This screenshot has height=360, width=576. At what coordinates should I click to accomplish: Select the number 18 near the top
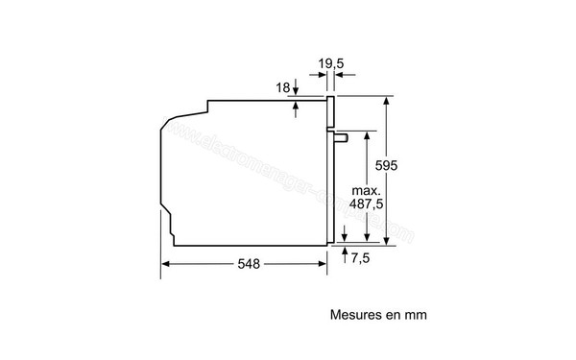pos(281,87)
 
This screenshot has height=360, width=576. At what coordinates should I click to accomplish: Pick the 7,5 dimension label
pos(360,257)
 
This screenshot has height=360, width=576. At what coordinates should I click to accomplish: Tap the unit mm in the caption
pos(415,314)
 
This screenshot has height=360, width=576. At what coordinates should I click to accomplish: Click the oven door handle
pos(341,136)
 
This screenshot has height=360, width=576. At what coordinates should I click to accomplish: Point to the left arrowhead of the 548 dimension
pos(163,262)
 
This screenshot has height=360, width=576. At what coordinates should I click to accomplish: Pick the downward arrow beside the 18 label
pos(297,91)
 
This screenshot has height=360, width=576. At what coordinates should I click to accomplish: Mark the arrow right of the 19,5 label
pos(343,79)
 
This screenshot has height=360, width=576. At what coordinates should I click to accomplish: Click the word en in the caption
pos(392,314)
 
